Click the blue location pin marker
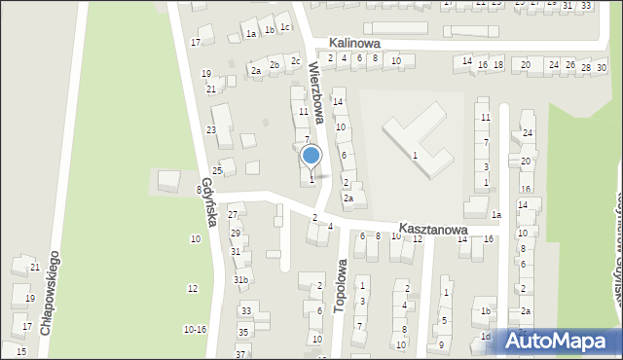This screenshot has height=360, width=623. coord(311,156)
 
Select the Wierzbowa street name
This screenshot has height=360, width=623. coord(315,89)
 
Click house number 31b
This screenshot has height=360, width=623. coord(240,280)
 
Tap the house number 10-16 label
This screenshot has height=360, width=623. coord(195,330)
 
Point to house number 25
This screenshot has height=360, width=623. coord(218,170)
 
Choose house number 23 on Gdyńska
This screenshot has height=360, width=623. coord(210,130)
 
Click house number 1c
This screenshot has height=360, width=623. coord(284,27)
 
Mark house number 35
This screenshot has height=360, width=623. coord(242,331)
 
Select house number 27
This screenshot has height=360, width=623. coord(234,214)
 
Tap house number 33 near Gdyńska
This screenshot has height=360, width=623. coord(246,311)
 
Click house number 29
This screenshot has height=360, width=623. coord(236,234)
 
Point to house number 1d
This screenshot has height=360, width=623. coord(485,337)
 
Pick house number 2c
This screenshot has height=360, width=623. coord(295,61)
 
